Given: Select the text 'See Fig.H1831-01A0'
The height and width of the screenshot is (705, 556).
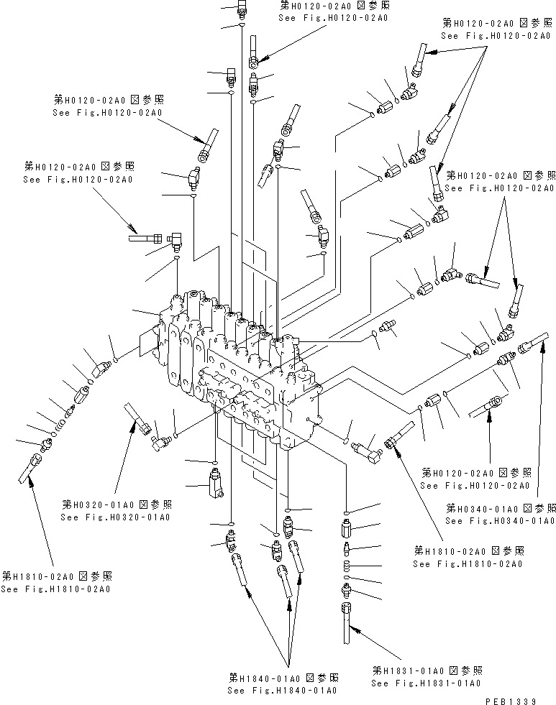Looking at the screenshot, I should pyautogui.click(x=426, y=683).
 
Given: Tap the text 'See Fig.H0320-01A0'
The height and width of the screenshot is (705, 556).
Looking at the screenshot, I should pyautogui.click(x=116, y=517).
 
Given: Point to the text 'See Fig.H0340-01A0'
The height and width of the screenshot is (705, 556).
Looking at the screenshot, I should pyautogui.click(x=500, y=520).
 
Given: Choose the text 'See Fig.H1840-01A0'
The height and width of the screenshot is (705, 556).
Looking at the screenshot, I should pyautogui.click(x=283, y=690).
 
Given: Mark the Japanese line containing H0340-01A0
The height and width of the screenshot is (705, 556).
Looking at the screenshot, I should pyautogui.click(x=500, y=507).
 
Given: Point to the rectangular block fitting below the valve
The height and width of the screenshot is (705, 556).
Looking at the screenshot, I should pyautogui.click(x=216, y=483).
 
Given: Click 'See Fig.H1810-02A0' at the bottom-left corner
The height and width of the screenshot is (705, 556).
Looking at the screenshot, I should pyautogui.click(x=55, y=589).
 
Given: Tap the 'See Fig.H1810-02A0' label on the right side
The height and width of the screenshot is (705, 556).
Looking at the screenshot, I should pyautogui.click(x=468, y=563).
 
